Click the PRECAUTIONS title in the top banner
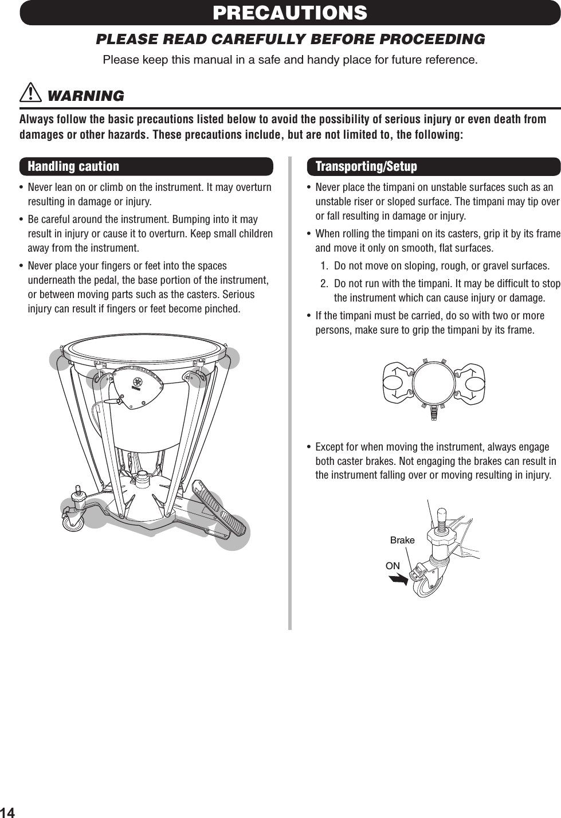tap(290, 13)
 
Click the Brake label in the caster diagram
tap(402, 540)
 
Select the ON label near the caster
tap(393, 566)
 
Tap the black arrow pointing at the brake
tap(398, 579)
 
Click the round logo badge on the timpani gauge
tap(138, 382)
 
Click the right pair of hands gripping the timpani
tap(471, 383)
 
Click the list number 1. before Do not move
tap(325, 266)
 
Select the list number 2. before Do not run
tap(325, 284)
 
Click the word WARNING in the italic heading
tap(85, 96)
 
